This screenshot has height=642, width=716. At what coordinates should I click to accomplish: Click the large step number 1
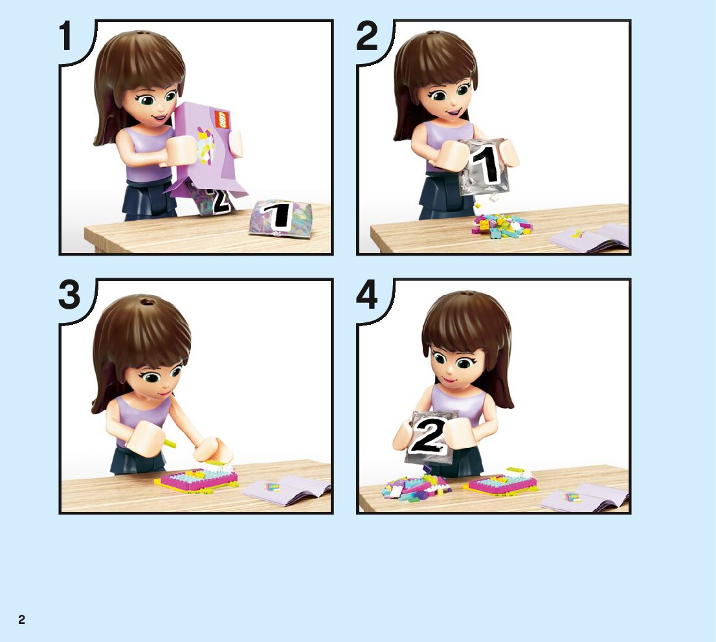pyautogui.click(x=65, y=36)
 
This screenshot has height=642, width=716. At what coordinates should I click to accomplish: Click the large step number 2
pyautogui.click(x=367, y=36)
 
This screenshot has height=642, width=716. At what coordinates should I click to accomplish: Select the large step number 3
pyautogui.click(x=69, y=294)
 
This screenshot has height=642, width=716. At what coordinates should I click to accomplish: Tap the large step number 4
pyautogui.click(x=367, y=294)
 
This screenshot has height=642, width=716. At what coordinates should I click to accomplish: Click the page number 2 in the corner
pyautogui.click(x=21, y=619)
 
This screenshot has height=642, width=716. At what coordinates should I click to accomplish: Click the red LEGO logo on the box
pyautogui.click(x=223, y=118)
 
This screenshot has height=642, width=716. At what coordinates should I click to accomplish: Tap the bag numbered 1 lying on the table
pyautogui.click(x=281, y=217)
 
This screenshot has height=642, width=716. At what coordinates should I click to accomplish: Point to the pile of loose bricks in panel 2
pyautogui.click(x=502, y=226)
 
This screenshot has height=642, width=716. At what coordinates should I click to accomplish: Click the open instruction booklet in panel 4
pyautogui.click(x=585, y=497)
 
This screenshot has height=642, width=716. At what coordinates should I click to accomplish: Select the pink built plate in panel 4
pyautogui.click(x=500, y=481)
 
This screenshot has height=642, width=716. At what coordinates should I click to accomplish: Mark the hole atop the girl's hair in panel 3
pyautogui.click(x=147, y=301)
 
